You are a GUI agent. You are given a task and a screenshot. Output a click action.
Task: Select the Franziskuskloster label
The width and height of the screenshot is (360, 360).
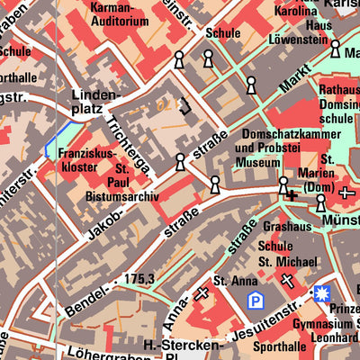point(87,160)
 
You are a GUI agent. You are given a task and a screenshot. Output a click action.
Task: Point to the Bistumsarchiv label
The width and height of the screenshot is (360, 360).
point(121,196)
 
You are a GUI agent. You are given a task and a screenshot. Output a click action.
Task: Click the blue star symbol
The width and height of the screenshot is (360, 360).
point(321,293)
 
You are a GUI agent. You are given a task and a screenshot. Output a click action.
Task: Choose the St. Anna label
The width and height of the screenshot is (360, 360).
point(230,281)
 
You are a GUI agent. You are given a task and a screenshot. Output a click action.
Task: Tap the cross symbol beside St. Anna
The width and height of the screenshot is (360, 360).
point(202,293)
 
